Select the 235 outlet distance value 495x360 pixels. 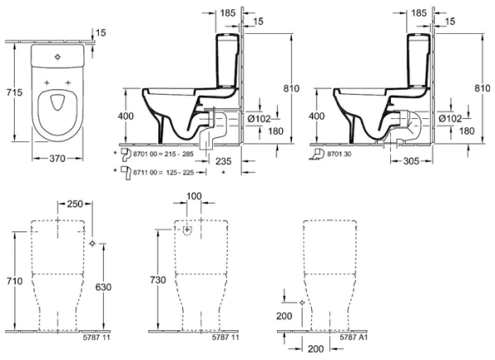(x=221, y=162)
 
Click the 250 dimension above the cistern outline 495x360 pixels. (x=75, y=204)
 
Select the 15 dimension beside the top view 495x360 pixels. (x=101, y=32)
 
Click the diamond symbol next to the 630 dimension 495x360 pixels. (x=92, y=243)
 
